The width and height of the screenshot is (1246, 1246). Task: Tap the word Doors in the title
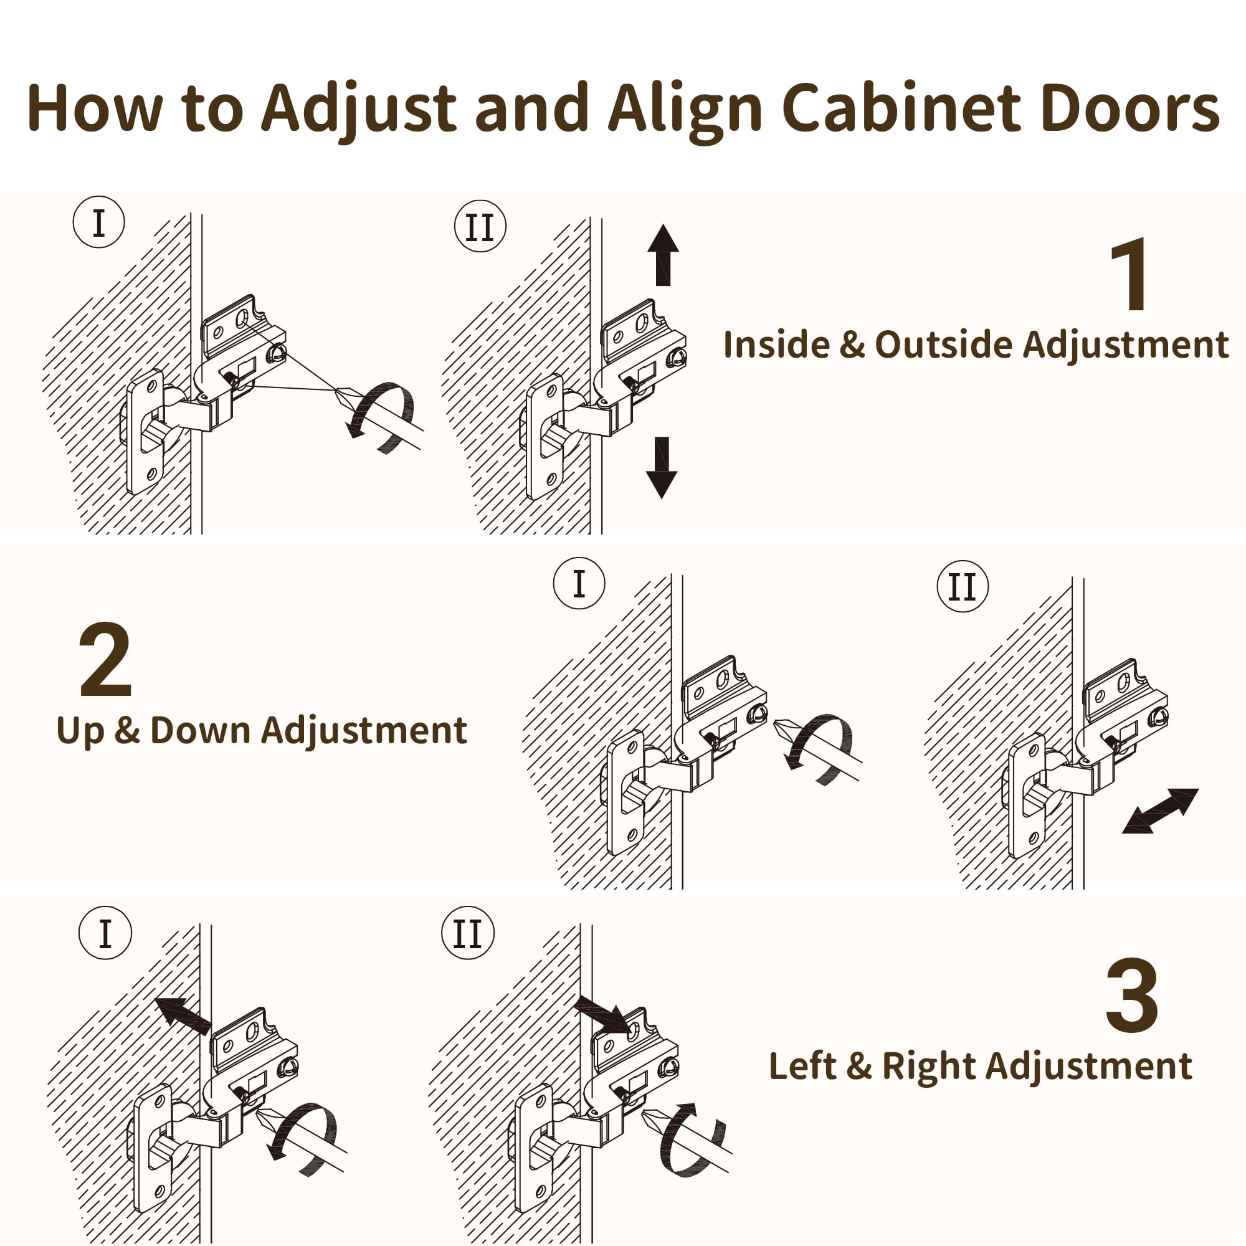(1130, 108)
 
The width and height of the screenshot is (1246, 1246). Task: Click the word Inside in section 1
(775, 345)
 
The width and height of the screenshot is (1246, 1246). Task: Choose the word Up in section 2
(79, 731)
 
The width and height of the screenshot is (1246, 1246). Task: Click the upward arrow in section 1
(663, 254)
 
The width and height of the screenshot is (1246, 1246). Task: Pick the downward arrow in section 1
(662, 468)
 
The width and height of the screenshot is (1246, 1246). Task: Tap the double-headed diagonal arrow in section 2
(1160, 811)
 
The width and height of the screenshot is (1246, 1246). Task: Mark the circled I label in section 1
(98, 222)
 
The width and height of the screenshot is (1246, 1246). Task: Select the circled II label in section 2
(963, 586)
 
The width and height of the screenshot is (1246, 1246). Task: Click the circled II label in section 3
(468, 933)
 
